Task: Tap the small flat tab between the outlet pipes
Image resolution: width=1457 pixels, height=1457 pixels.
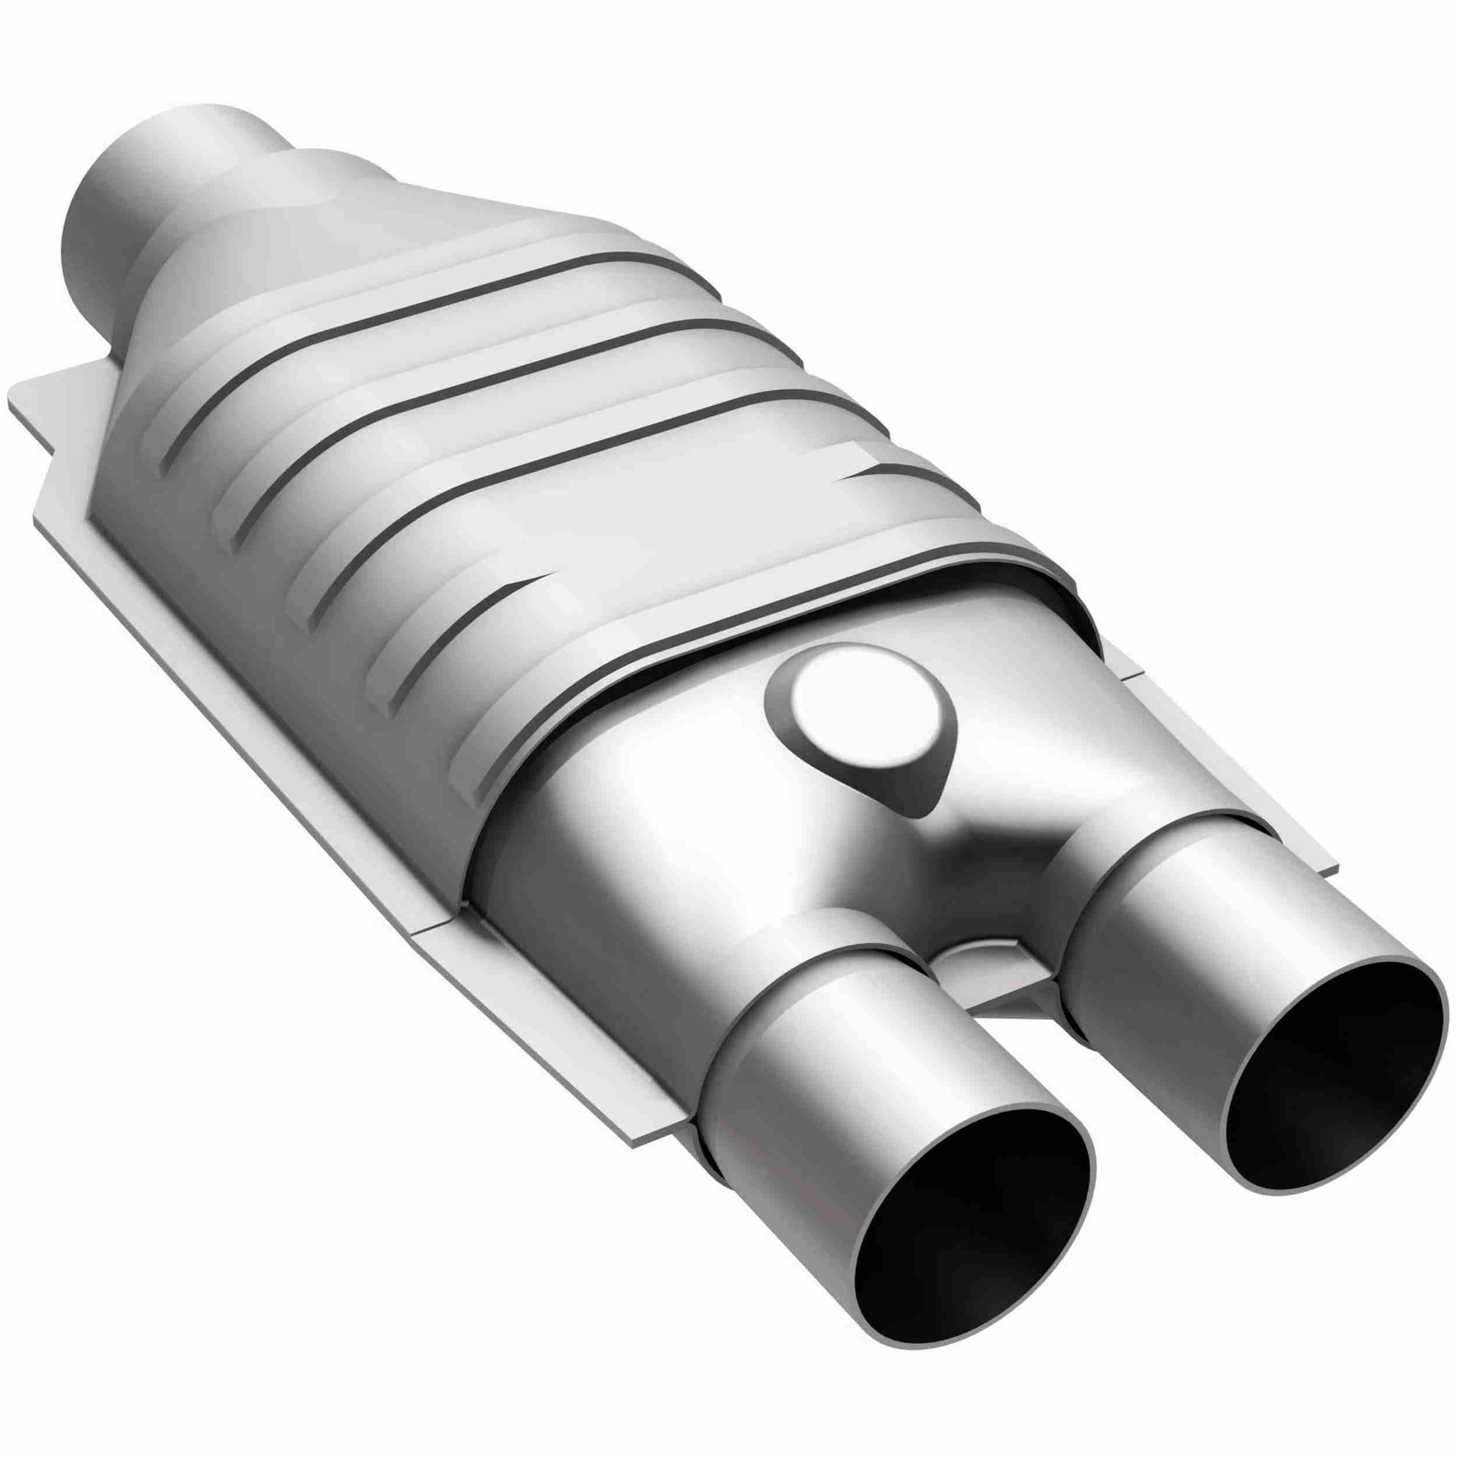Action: (988, 973)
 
